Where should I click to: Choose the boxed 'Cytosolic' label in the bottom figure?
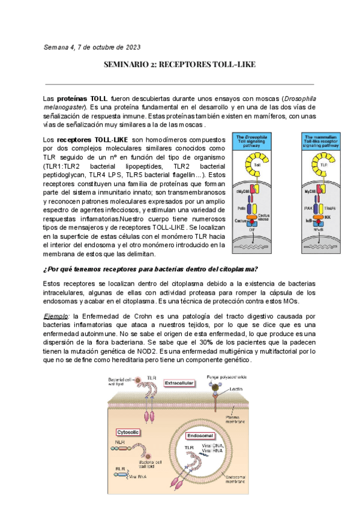coord(129,431)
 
